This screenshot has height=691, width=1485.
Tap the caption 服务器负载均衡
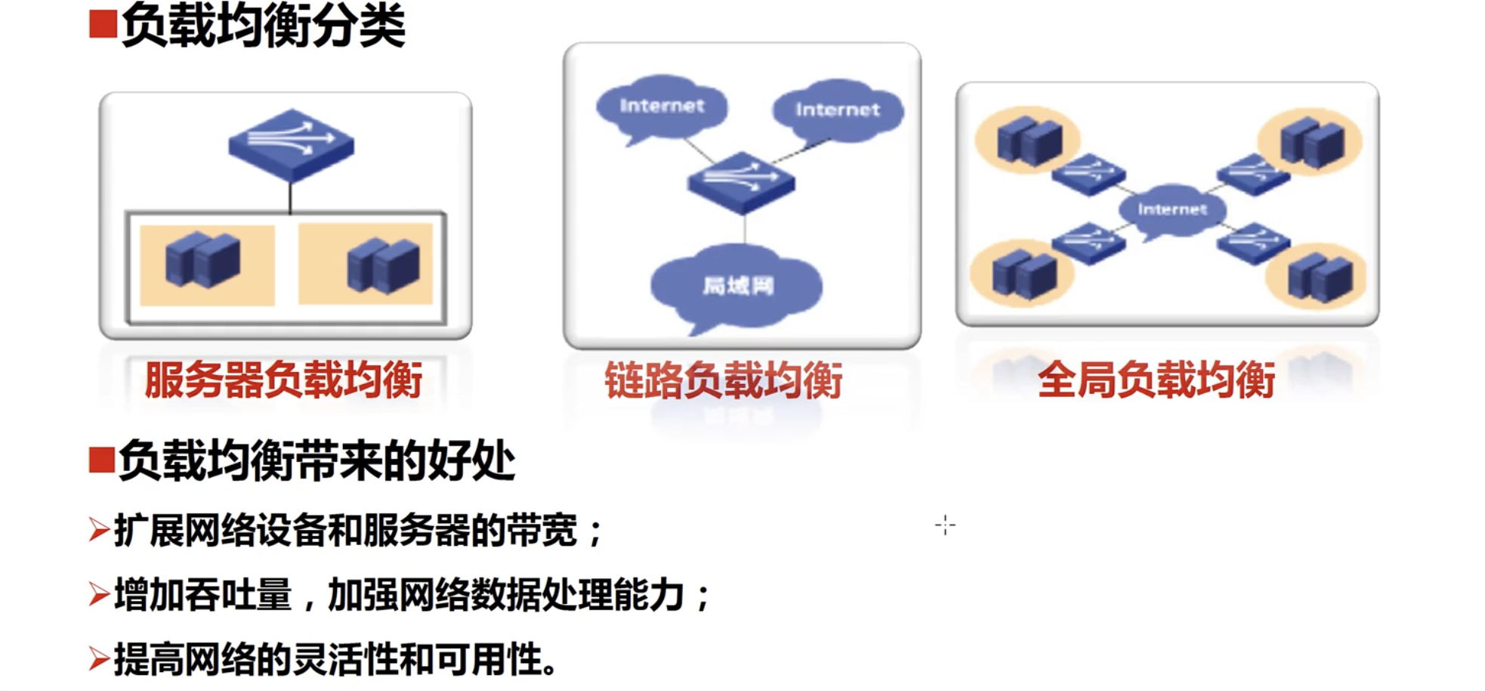tap(283, 380)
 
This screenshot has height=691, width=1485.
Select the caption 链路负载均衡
tap(724, 380)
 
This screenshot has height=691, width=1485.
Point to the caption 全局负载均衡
tap(1156, 380)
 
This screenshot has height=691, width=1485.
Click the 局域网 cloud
tap(737, 286)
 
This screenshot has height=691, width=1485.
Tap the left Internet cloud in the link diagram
tap(662, 106)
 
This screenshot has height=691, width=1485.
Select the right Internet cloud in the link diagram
tap(837, 110)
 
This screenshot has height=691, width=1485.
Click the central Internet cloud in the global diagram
tap(1172, 209)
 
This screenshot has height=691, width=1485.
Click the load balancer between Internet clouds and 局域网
tap(741, 181)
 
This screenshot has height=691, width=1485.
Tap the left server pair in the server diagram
tap(203, 260)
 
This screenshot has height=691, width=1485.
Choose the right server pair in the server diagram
tap(383, 265)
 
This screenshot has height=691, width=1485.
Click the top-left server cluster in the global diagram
tap(1029, 141)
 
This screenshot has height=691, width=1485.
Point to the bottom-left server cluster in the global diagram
tap(1023, 273)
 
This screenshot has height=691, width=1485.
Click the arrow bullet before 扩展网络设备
tap(98, 530)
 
